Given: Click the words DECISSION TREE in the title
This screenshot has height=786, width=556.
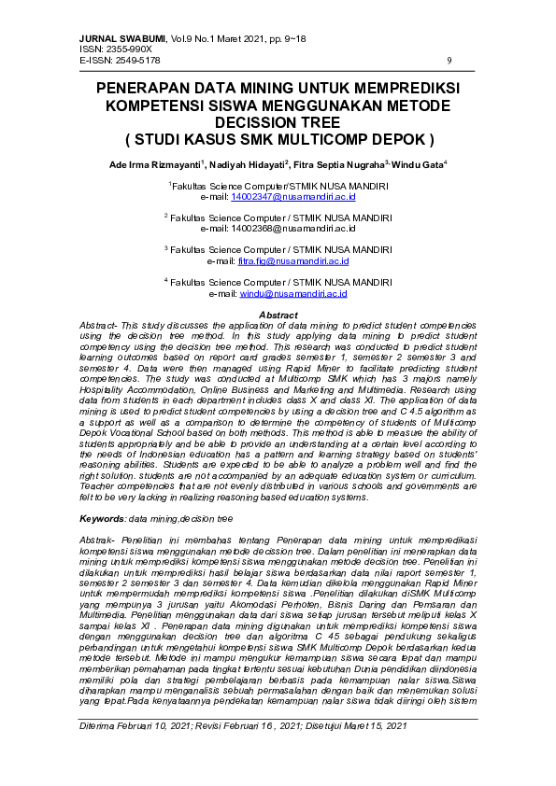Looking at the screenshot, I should pyautogui.click(x=278, y=122).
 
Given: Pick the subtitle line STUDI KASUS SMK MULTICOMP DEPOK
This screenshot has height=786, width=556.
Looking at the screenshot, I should pyautogui.click(x=278, y=139).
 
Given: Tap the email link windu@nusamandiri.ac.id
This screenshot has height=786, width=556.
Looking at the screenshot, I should pyautogui.click(x=293, y=292).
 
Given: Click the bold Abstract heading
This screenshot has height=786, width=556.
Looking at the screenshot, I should pyautogui.click(x=278, y=316).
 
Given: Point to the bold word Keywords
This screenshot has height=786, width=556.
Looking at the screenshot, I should pyautogui.click(x=102, y=516).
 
